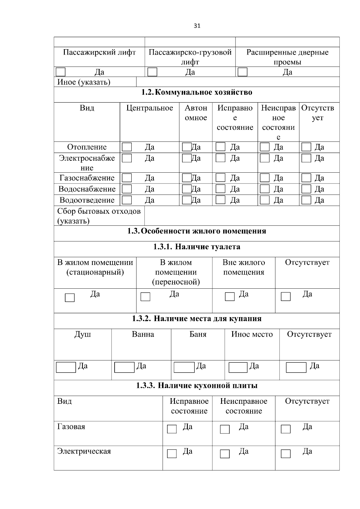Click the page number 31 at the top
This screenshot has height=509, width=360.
coord(197,26)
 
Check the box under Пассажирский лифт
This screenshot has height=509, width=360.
coord(61,72)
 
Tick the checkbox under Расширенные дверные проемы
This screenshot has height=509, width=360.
coord(242,72)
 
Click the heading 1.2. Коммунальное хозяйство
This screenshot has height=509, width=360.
coord(197,92)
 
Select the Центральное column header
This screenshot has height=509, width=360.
coord(149,108)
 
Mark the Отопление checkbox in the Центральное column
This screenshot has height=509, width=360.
coord(127,147)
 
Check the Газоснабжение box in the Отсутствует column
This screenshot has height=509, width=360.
coord(306,178)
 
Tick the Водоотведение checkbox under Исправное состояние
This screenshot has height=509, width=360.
coord(220,200)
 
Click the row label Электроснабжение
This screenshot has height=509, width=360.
coord(87,162)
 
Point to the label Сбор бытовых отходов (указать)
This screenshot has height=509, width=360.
coord(99,216)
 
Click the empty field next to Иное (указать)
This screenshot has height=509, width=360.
coord(238,82)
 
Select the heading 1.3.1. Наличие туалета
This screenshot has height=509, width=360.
coord(197,247)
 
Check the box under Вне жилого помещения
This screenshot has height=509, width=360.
coord(230,296)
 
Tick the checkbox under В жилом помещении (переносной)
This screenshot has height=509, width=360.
coord(145,297)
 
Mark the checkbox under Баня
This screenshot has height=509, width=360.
coord(184,368)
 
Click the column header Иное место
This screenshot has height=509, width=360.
coord(252,334)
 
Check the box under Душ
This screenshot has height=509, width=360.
coord(66,368)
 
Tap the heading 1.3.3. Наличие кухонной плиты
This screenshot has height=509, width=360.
coord(197,385)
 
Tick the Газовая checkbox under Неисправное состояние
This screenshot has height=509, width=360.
coord(225,429)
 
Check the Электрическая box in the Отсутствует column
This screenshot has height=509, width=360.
coord(286,454)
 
